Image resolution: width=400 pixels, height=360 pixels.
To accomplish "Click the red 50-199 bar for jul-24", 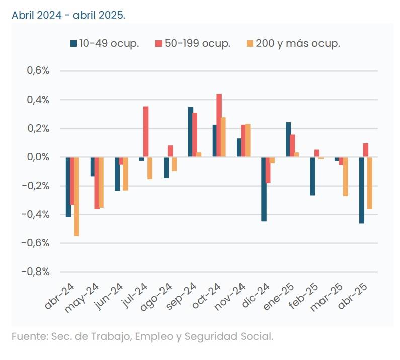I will click(146, 132).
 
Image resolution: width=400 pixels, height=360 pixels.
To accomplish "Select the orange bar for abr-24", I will click(76, 197).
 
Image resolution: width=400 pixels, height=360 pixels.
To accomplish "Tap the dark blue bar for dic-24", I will click(264, 189).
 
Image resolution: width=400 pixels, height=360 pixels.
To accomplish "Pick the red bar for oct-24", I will click(219, 125).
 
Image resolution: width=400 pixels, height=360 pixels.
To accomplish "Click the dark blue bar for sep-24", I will click(191, 132).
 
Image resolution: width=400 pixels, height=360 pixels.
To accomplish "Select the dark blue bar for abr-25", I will click(361, 190).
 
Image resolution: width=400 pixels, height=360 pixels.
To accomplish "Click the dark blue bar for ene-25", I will click(288, 140).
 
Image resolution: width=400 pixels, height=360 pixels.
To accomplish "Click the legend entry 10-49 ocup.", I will click(105, 43).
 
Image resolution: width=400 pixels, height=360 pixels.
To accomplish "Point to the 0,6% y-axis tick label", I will click(38, 71).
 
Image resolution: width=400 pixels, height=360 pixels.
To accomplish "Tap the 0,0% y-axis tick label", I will click(38, 157).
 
